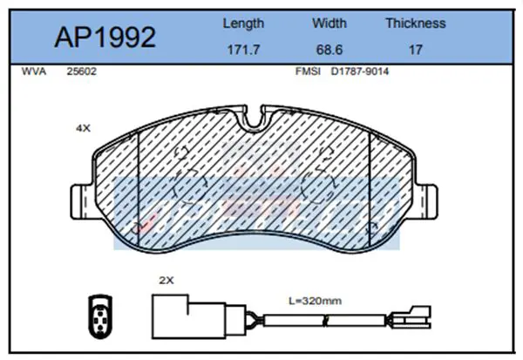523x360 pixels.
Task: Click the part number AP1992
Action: coord(105,37)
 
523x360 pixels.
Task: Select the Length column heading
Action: coord(243,24)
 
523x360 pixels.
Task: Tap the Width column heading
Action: coord(329,23)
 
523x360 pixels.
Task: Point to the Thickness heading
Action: coord(416,23)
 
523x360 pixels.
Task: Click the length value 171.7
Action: coord(243,50)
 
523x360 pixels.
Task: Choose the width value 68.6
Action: coord(329,50)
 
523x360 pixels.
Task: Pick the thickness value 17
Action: coord(416,50)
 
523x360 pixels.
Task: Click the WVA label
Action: coord(34,71)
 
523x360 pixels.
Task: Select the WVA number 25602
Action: coord(81,71)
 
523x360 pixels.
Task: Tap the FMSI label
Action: coord(308,71)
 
